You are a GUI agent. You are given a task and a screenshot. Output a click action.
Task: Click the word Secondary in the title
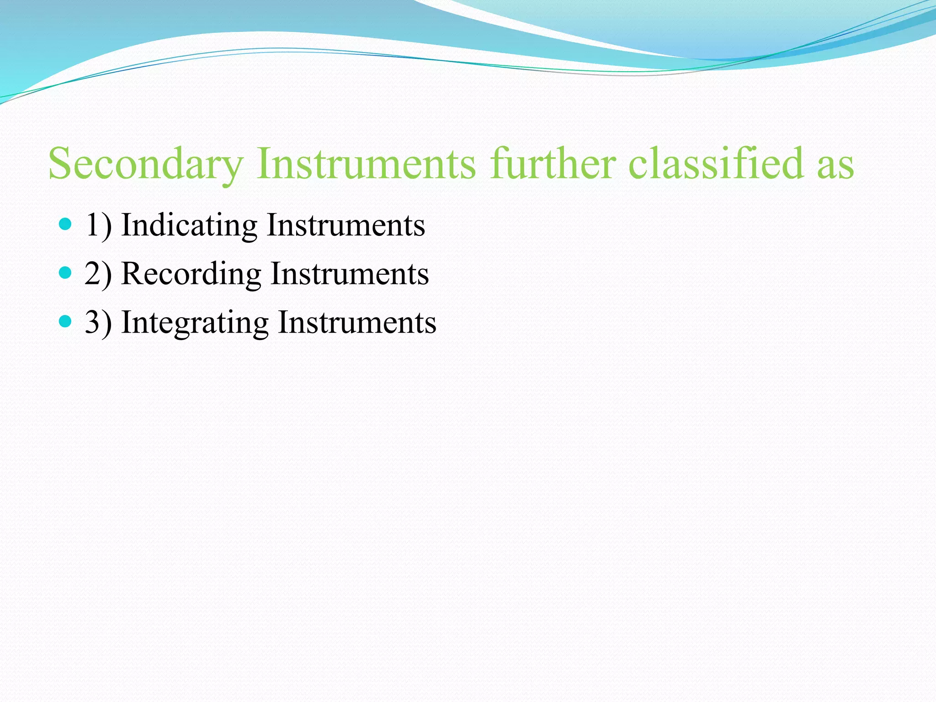(x=146, y=164)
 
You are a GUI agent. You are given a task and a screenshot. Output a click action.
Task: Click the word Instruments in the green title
(x=366, y=164)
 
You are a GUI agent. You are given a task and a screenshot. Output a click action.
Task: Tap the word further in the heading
(x=553, y=164)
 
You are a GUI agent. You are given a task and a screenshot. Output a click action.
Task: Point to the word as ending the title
(x=835, y=167)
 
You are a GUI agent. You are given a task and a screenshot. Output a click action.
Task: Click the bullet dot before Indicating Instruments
(x=66, y=224)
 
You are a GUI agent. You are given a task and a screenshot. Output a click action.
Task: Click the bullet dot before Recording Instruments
(x=66, y=273)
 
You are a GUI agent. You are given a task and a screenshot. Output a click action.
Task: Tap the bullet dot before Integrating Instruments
(x=66, y=322)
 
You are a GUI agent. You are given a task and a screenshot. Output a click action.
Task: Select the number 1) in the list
(x=98, y=225)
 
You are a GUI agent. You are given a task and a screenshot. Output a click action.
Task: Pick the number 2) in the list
(x=98, y=274)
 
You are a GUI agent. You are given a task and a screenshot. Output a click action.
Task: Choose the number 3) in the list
(x=98, y=323)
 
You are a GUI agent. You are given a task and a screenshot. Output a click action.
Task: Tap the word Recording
(x=191, y=274)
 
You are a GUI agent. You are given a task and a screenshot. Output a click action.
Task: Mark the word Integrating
(x=195, y=323)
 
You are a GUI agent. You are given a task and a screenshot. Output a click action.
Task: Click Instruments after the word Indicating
(x=346, y=225)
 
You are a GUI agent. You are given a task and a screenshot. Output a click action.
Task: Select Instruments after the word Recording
(x=350, y=274)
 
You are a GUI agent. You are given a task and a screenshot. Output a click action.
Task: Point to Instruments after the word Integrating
(x=357, y=323)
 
